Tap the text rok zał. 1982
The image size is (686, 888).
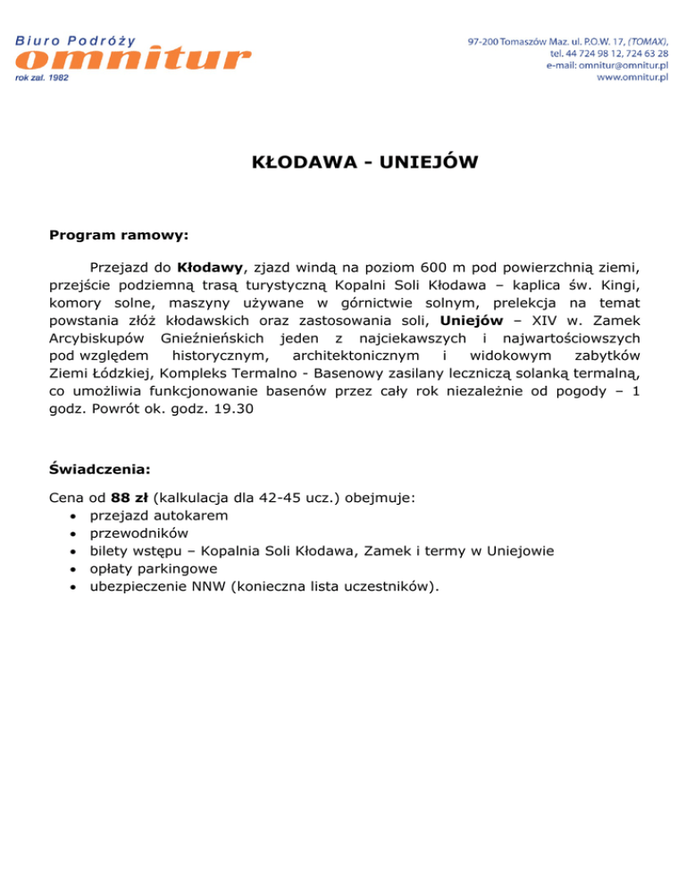point(41,78)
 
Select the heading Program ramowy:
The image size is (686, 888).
point(118,236)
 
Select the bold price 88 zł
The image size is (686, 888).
point(130,497)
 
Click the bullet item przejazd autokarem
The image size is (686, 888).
point(158,515)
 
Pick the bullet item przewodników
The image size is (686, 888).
point(138,532)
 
